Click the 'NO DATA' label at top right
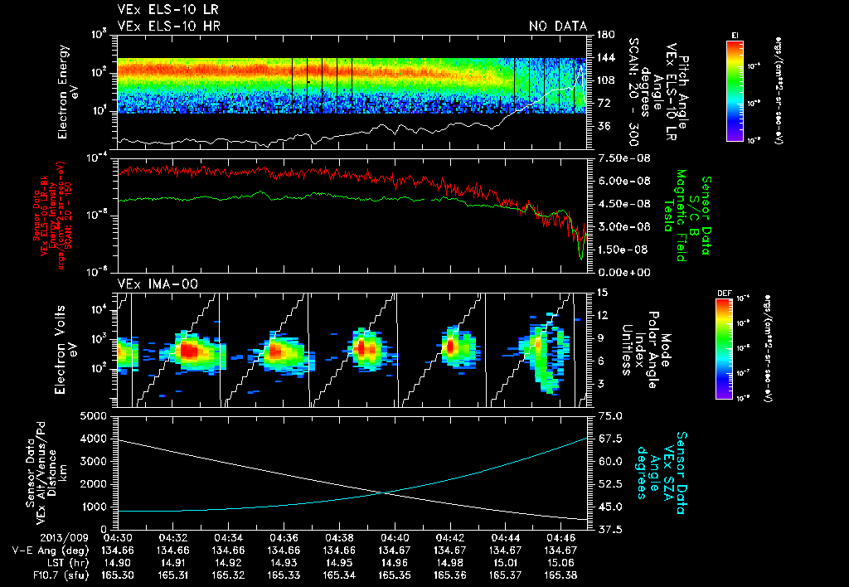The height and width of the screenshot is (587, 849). [558, 27]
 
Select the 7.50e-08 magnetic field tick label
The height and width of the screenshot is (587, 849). [617, 158]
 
